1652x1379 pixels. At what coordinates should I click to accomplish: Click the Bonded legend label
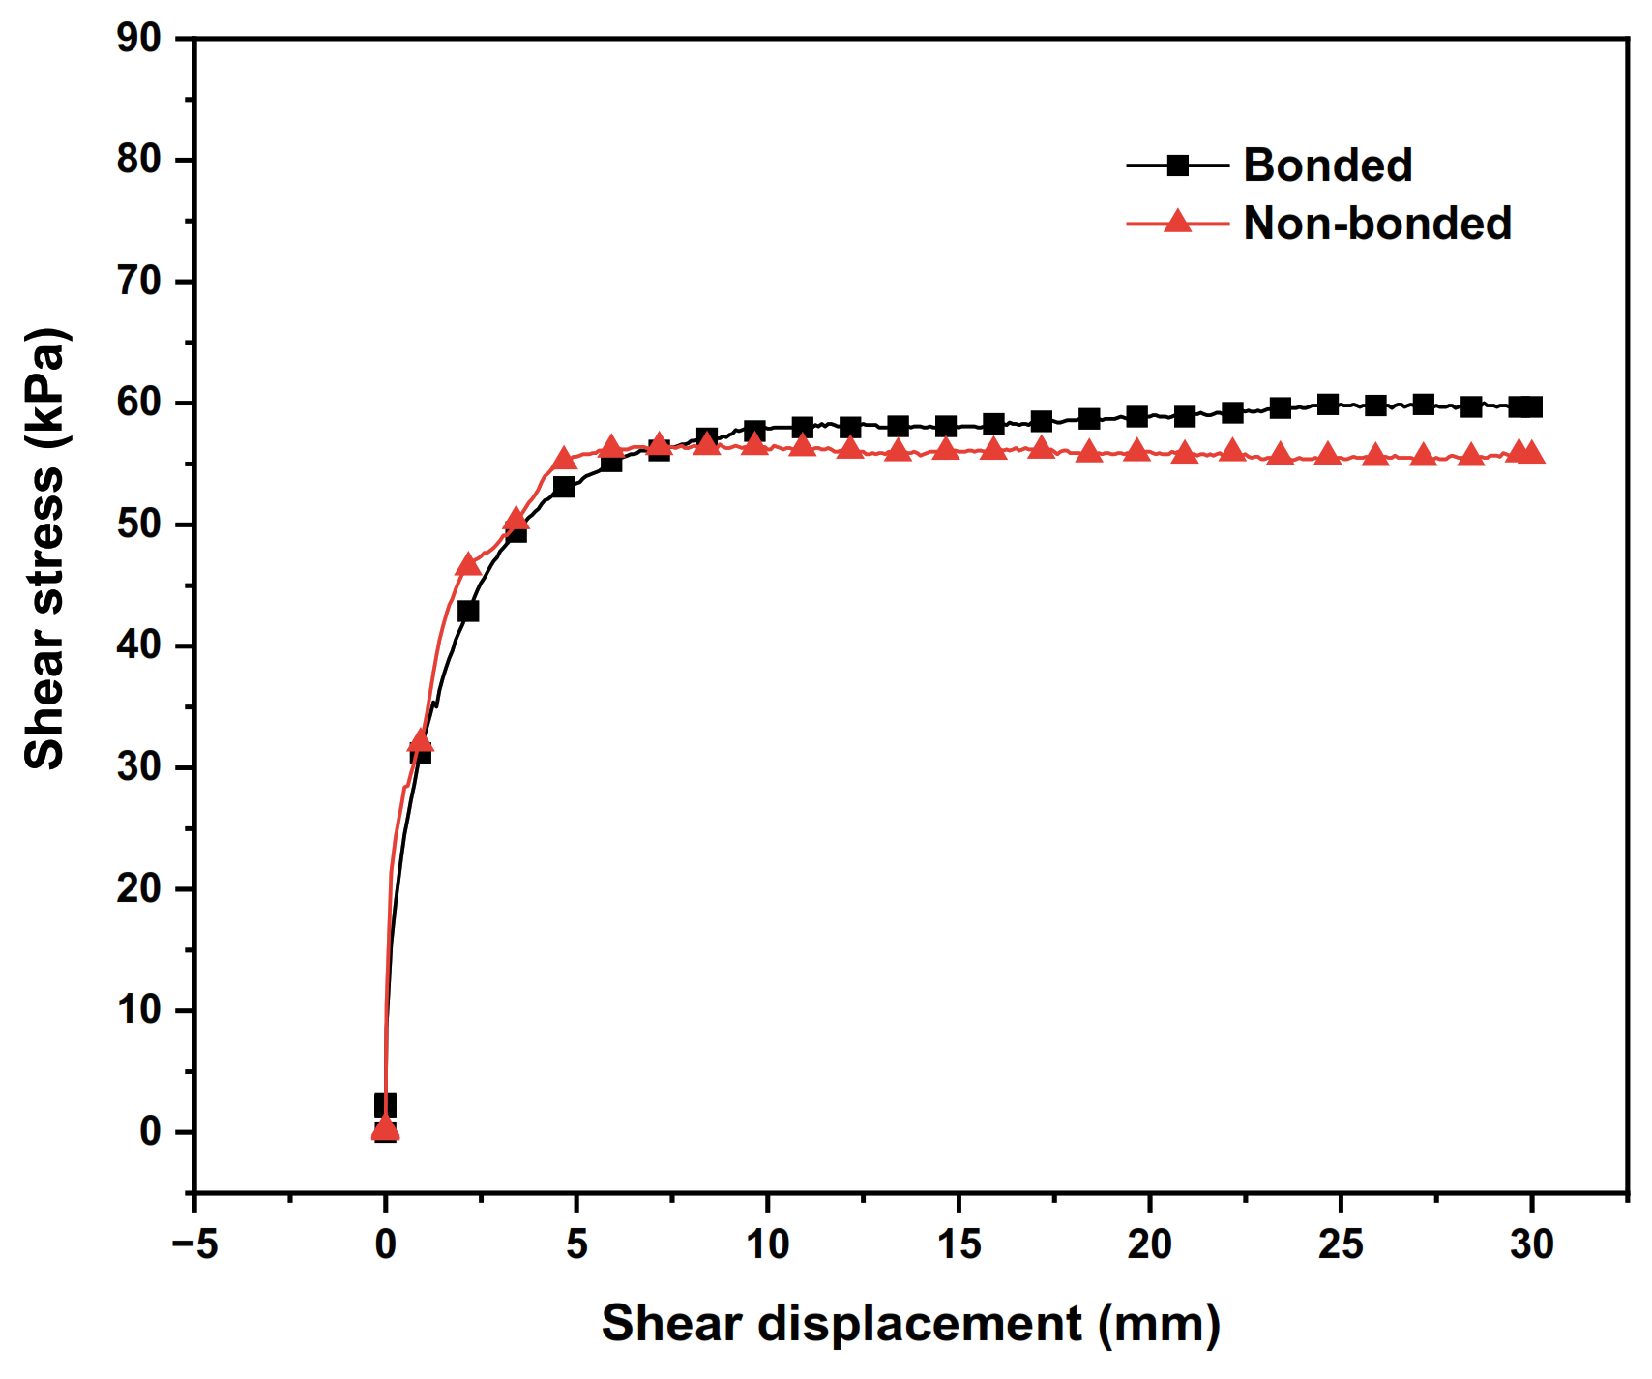1327,165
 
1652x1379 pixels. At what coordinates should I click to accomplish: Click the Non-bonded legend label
1376,224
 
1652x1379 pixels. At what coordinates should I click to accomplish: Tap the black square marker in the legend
1177,165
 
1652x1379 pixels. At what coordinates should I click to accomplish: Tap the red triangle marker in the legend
1177,223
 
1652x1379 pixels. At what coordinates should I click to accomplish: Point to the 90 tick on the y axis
138,39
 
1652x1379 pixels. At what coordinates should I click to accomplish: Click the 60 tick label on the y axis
138,403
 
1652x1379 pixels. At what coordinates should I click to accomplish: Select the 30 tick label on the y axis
138,767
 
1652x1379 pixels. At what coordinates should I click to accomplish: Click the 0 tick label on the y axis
151,1131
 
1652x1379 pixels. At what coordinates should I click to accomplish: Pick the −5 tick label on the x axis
194,1244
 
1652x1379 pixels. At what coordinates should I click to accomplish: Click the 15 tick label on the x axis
959,1244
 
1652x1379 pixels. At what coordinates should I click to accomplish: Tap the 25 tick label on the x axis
1341,1244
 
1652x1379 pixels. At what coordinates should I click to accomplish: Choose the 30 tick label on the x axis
1532,1244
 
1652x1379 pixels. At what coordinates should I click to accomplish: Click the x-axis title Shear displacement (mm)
910,1323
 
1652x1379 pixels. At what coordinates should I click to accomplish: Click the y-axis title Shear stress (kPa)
44,549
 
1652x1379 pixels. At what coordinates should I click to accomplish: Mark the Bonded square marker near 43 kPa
468,612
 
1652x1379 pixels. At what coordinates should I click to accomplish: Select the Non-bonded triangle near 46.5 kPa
468,565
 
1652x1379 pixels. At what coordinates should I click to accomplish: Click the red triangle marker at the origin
386,1128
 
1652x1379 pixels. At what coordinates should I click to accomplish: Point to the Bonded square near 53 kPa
564,487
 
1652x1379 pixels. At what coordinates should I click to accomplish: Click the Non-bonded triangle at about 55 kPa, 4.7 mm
565,459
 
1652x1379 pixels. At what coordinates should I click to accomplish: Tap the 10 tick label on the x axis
767,1244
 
